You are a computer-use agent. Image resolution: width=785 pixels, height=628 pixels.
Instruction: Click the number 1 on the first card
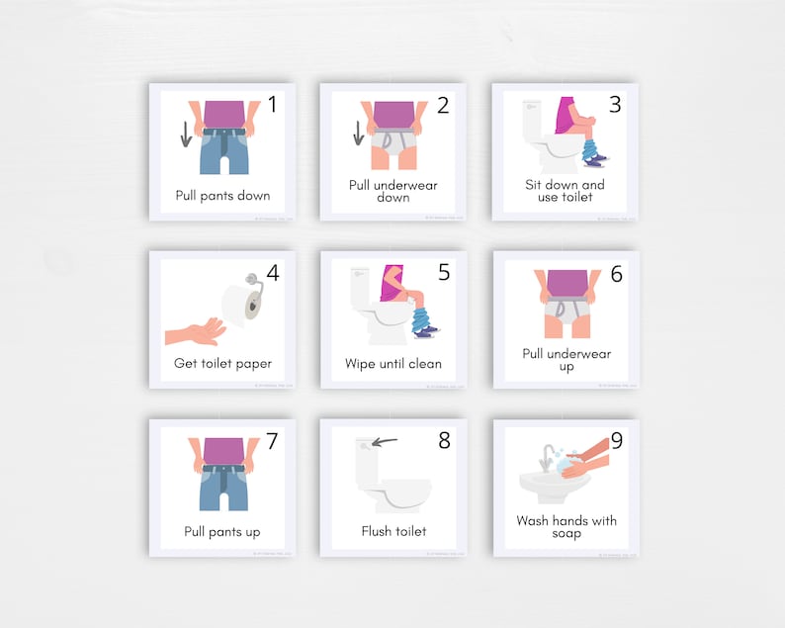click(x=271, y=104)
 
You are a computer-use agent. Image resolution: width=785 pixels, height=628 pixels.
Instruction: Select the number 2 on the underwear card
click(x=442, y=104)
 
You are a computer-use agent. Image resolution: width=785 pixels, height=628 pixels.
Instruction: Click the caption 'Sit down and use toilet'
click(x=566, y=190)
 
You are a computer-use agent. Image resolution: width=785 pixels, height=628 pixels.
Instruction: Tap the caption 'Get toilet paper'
click(x=222, y=363)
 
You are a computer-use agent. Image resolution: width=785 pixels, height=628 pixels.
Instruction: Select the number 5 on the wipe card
click(x=443, y=271)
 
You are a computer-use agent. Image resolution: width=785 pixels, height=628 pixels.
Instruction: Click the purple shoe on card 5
click(x=428, y=333)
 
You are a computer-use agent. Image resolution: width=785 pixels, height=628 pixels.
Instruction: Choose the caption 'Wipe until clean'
click(x=393, y=363)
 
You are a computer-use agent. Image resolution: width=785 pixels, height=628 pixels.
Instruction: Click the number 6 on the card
click(x=615, y=273)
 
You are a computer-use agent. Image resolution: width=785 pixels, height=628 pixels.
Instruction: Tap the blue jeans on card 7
click(x=223, y=485)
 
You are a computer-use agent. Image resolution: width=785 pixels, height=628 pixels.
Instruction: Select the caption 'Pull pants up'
click(x=222, y=531)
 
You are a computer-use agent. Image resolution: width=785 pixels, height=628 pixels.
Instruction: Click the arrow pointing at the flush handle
click(x=385, y=442)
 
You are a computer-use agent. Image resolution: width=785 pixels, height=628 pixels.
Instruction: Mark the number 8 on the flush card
click(x=443, y=439)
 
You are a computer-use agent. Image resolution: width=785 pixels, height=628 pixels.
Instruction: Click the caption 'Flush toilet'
click(x=393, y=531)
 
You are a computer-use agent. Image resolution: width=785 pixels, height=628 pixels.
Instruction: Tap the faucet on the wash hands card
click(x=547, y=456)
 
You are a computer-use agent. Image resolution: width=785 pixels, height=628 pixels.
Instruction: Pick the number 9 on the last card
click(x=615, y=440)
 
